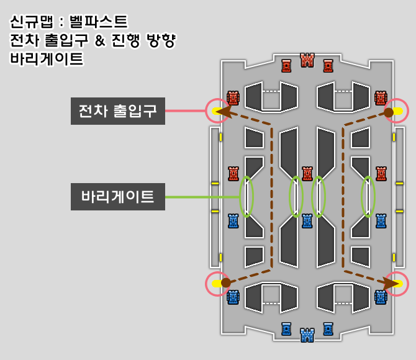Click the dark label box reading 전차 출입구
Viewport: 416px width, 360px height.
[x=118, y=112]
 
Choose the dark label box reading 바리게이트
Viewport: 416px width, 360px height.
[x=118, y=197]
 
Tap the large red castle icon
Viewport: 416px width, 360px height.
[x=307, y=60]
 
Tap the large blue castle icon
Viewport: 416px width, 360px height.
[x=307, y=335]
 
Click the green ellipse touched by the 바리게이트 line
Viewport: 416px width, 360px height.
[x=246, y=196]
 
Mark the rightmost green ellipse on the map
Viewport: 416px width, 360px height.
[x=368, y=196]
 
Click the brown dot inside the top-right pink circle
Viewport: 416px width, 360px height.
[x=389, y=112]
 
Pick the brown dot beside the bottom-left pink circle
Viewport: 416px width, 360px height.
[x=225, y=282]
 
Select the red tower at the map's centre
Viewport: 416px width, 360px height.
[x=307, y=173]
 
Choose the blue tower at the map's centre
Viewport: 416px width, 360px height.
[x=307, y=221]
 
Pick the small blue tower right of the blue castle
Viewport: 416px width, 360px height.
[x=328, y=328]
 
